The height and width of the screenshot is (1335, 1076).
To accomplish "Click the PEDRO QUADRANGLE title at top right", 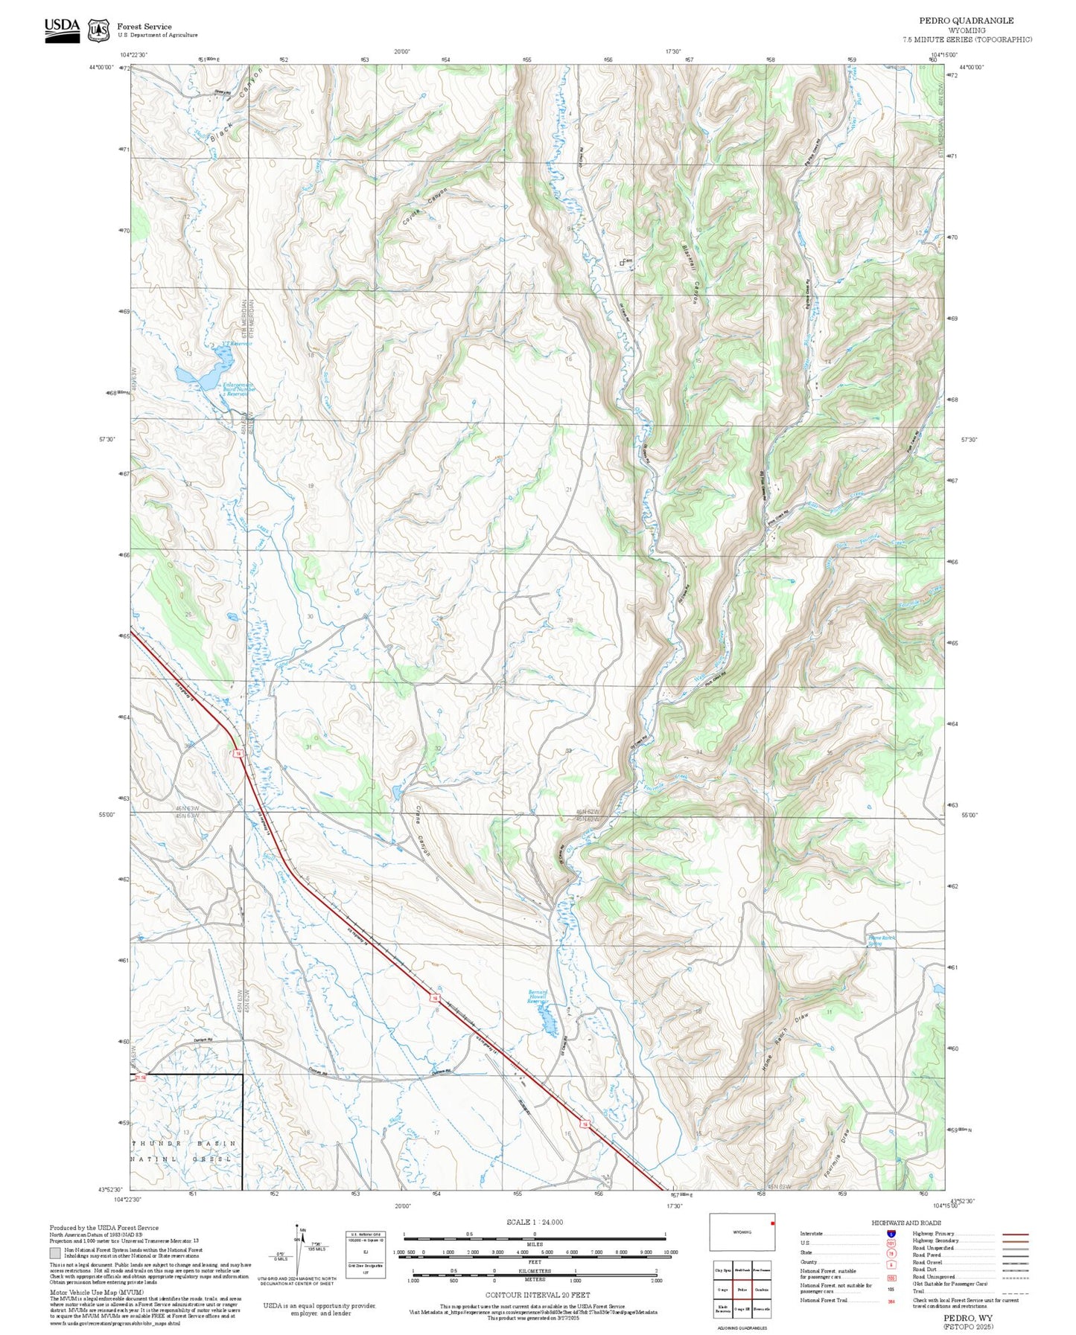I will click(966, 21).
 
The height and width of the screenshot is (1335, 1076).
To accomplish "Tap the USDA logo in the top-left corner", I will click(62, 29).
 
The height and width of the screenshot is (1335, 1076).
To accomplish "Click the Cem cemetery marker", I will click(623, 262).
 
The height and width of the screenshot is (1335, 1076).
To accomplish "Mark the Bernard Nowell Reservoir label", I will click(538, 996).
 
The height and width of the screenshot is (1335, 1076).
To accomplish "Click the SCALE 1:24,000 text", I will click(535, 1222).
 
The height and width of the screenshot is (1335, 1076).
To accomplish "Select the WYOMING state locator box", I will click(742, 1232).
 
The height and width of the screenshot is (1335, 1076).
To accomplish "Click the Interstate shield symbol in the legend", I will click(891, 1234).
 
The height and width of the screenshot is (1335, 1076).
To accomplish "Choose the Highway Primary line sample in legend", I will click(1015, 1234).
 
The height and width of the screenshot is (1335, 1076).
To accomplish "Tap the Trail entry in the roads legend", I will click(919, 1291).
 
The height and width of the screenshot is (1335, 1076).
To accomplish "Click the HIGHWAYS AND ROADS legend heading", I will click(906, 1223).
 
